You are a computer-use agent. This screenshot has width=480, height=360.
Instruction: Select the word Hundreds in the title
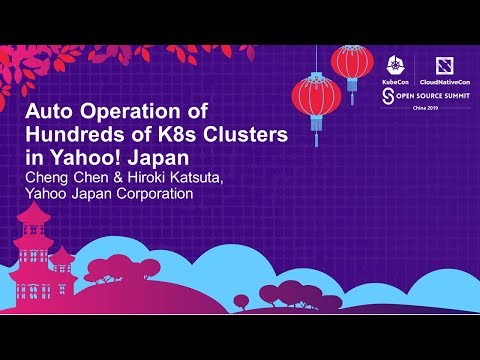(x=70, y=135)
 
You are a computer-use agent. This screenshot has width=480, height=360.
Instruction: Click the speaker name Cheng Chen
(x=63, y=179)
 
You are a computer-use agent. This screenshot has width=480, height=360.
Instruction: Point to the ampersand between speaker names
(x=112, y=179)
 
